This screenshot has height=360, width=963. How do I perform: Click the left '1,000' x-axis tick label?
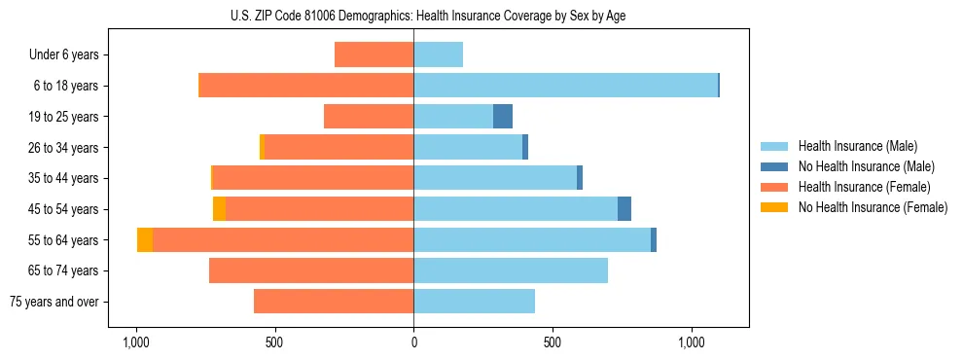pyautogui.click(x=136, y=342)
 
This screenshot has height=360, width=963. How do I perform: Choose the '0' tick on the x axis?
pyautogui.click(x=413, y=342)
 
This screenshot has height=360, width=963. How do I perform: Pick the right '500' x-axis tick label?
pyautogui.click(x=553, y=342)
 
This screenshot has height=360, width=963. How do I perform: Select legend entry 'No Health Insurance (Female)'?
pyautogui.click(x=873, y=207)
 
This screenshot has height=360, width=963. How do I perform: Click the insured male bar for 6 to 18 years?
pyautogui.click(x=565, y=86)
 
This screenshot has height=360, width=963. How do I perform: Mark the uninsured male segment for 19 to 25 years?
pyautogui.click(x=503, y=117)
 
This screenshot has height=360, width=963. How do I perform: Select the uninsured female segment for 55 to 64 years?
pyautogui.click(x=145, y=240)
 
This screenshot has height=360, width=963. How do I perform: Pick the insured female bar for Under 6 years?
pyautogui.click(x=374, y=55)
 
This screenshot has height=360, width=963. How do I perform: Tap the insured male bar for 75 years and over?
pyautogui.click(x=474, y=302)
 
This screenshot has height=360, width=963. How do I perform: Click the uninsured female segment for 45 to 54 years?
pyautogui.click(x=219, y=209)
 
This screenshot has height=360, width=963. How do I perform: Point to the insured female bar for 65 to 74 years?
pyautogui.click(x=311, y=270)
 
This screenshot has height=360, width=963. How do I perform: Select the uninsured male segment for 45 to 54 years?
pyautogui.click(x=624, y=209)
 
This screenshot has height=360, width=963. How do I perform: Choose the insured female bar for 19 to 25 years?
pyautogui.click(x=369, y=117)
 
